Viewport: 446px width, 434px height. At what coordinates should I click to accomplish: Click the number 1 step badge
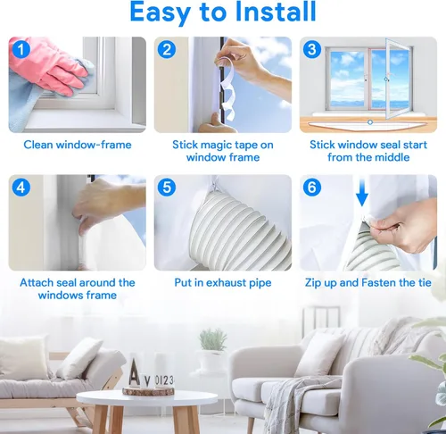[21, 49]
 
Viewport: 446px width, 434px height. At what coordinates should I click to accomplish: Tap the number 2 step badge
[167, 49]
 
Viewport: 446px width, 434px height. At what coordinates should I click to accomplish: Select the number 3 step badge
[312, 49]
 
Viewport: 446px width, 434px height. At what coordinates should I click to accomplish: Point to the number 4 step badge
[21, 188]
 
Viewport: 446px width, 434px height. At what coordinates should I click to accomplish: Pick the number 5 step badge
[167, 188]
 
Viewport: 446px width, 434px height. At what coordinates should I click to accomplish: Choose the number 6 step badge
[312, 188]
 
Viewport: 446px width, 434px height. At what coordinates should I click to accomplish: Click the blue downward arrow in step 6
[362, 191]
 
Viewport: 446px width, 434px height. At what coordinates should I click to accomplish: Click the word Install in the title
[275, 12]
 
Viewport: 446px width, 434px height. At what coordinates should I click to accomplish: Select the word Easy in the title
[160, 13]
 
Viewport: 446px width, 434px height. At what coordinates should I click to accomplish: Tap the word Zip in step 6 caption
[313, 283]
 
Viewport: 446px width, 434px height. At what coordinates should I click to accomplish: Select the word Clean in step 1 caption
[38, 145]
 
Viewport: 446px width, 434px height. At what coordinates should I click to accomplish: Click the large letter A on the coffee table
[134, 372]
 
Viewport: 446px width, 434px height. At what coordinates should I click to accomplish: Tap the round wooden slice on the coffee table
[148, 391]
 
